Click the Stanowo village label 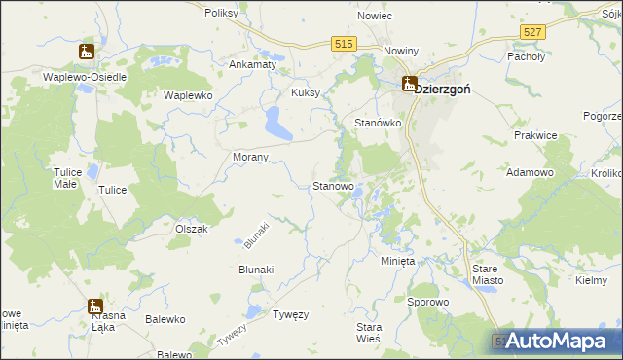(x=332, y=186)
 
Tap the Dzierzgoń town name (x=443, y=89)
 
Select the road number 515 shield (x=343, y=45)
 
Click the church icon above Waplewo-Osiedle (x=88, y=52)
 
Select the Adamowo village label (x=531, y=171)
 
